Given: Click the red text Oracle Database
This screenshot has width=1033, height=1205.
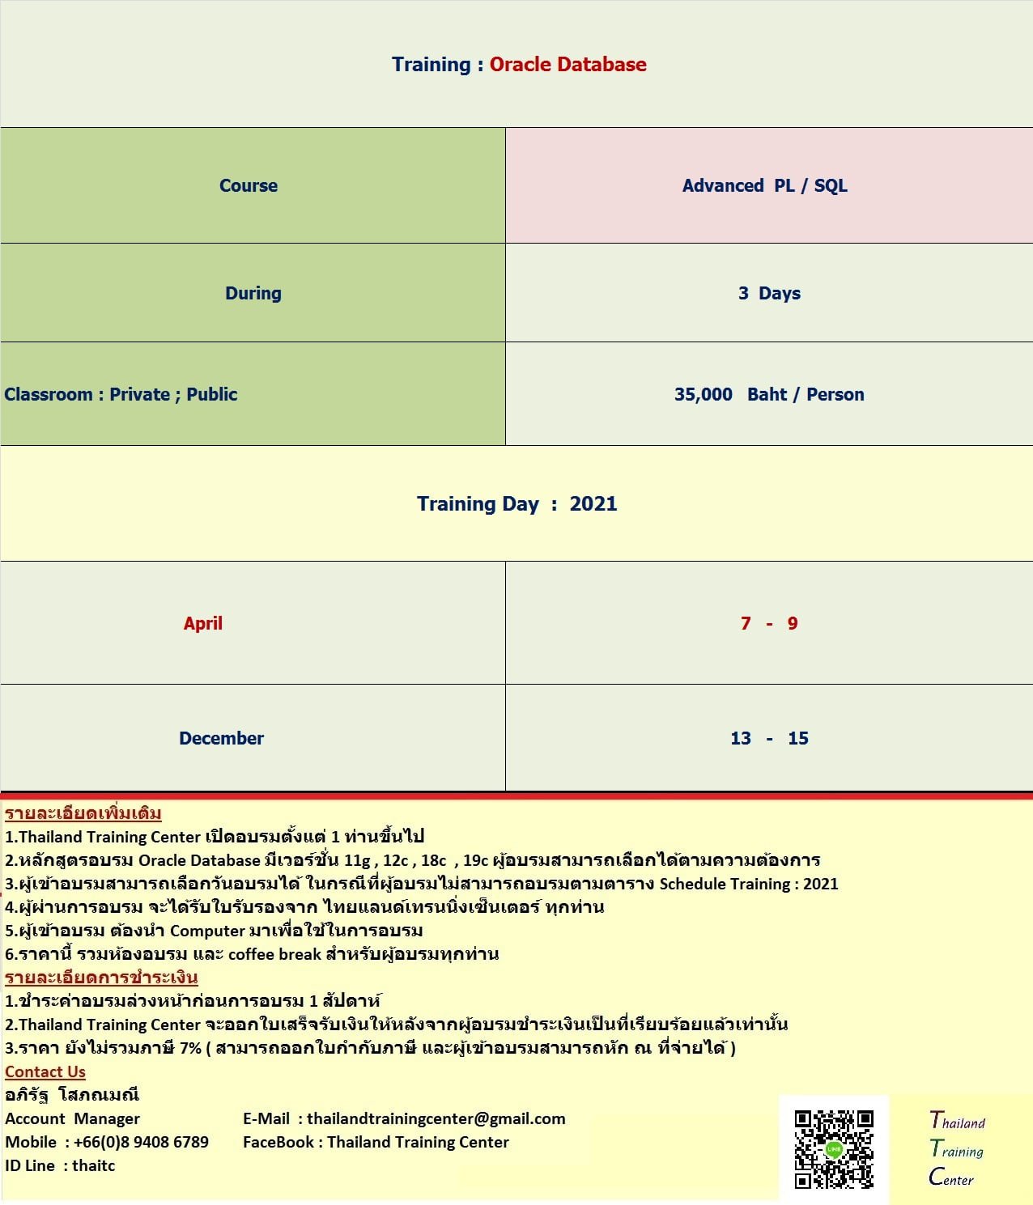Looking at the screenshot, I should click(x=568, y=65).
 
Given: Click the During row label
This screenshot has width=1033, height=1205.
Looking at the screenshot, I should click(x=253, y=293).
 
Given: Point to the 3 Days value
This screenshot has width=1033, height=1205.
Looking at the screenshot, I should click(x=769, y=293).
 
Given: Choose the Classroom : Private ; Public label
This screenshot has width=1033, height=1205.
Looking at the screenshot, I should click(x=121, y=394).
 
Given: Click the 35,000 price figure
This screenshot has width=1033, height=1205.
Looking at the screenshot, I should click(x=703, y=394).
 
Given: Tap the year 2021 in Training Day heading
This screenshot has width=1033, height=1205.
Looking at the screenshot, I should click(x=593, y=503).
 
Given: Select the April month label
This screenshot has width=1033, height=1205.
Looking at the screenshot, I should click(x=202, y=623).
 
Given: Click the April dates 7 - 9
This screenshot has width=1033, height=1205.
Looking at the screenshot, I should click(x=769, y=623).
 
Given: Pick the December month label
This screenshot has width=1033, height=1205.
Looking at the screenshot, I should click(x=221, y=738).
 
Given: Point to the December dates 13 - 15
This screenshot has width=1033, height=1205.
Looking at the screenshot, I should click(x=769, y=738).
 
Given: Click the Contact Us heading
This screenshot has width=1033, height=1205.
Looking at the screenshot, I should click(x=45, y=1071).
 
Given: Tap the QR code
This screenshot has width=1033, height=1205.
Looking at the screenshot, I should click(x=834, y=1149).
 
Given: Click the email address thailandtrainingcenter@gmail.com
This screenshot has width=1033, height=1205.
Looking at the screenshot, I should click(x=436, y=1118).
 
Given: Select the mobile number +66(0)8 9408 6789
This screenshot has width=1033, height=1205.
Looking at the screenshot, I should click(x=141, y=1142).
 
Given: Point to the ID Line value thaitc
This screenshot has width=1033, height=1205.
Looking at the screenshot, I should click(x=93, y=1165).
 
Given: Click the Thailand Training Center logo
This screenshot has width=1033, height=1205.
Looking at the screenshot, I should click(x=957, y=1149).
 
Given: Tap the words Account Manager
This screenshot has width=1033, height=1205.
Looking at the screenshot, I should click(x=72, y=1118).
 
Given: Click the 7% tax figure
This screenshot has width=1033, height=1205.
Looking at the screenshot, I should click(x=190, y=1048).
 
